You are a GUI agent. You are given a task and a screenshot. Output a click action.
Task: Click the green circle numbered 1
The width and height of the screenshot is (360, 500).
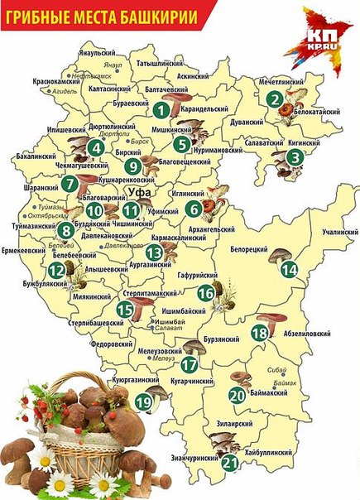[161, 108]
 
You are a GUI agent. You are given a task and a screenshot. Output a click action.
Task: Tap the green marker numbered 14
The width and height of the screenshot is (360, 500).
[288, 269]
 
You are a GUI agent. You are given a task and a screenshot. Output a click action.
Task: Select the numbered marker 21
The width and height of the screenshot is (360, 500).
[230, 464]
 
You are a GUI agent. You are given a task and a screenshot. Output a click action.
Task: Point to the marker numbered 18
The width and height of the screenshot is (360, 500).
[260, 333]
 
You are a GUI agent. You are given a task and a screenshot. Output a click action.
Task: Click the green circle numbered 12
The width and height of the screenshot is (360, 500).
[55, 270]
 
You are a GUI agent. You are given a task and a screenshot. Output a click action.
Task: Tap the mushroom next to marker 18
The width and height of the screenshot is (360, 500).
[271, 320]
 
